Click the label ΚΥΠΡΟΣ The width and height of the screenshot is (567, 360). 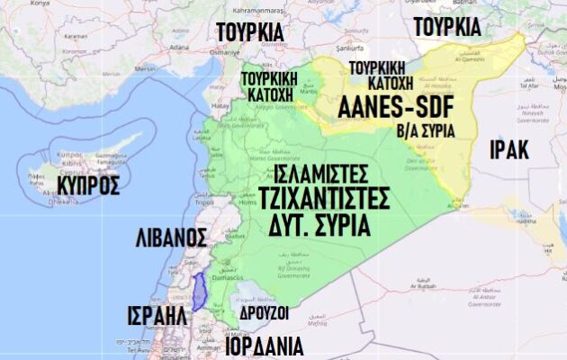[87, 185]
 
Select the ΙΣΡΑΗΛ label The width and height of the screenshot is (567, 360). [157, 318]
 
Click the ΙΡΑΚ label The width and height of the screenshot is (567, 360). [508, 148]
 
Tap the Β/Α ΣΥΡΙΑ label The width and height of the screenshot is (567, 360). [426, 130]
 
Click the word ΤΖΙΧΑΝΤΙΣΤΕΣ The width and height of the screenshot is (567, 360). [323, 197]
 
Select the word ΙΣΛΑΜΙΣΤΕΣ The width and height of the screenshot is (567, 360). [321, 171]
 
